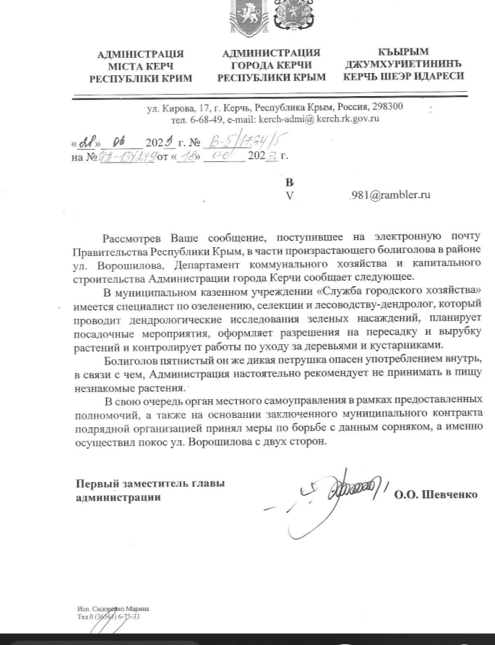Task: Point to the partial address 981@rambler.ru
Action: coord(390,195)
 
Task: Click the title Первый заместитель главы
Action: coord(150,483)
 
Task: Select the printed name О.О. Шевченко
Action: coord(436,495)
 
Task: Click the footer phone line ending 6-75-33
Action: coord(108,616)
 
